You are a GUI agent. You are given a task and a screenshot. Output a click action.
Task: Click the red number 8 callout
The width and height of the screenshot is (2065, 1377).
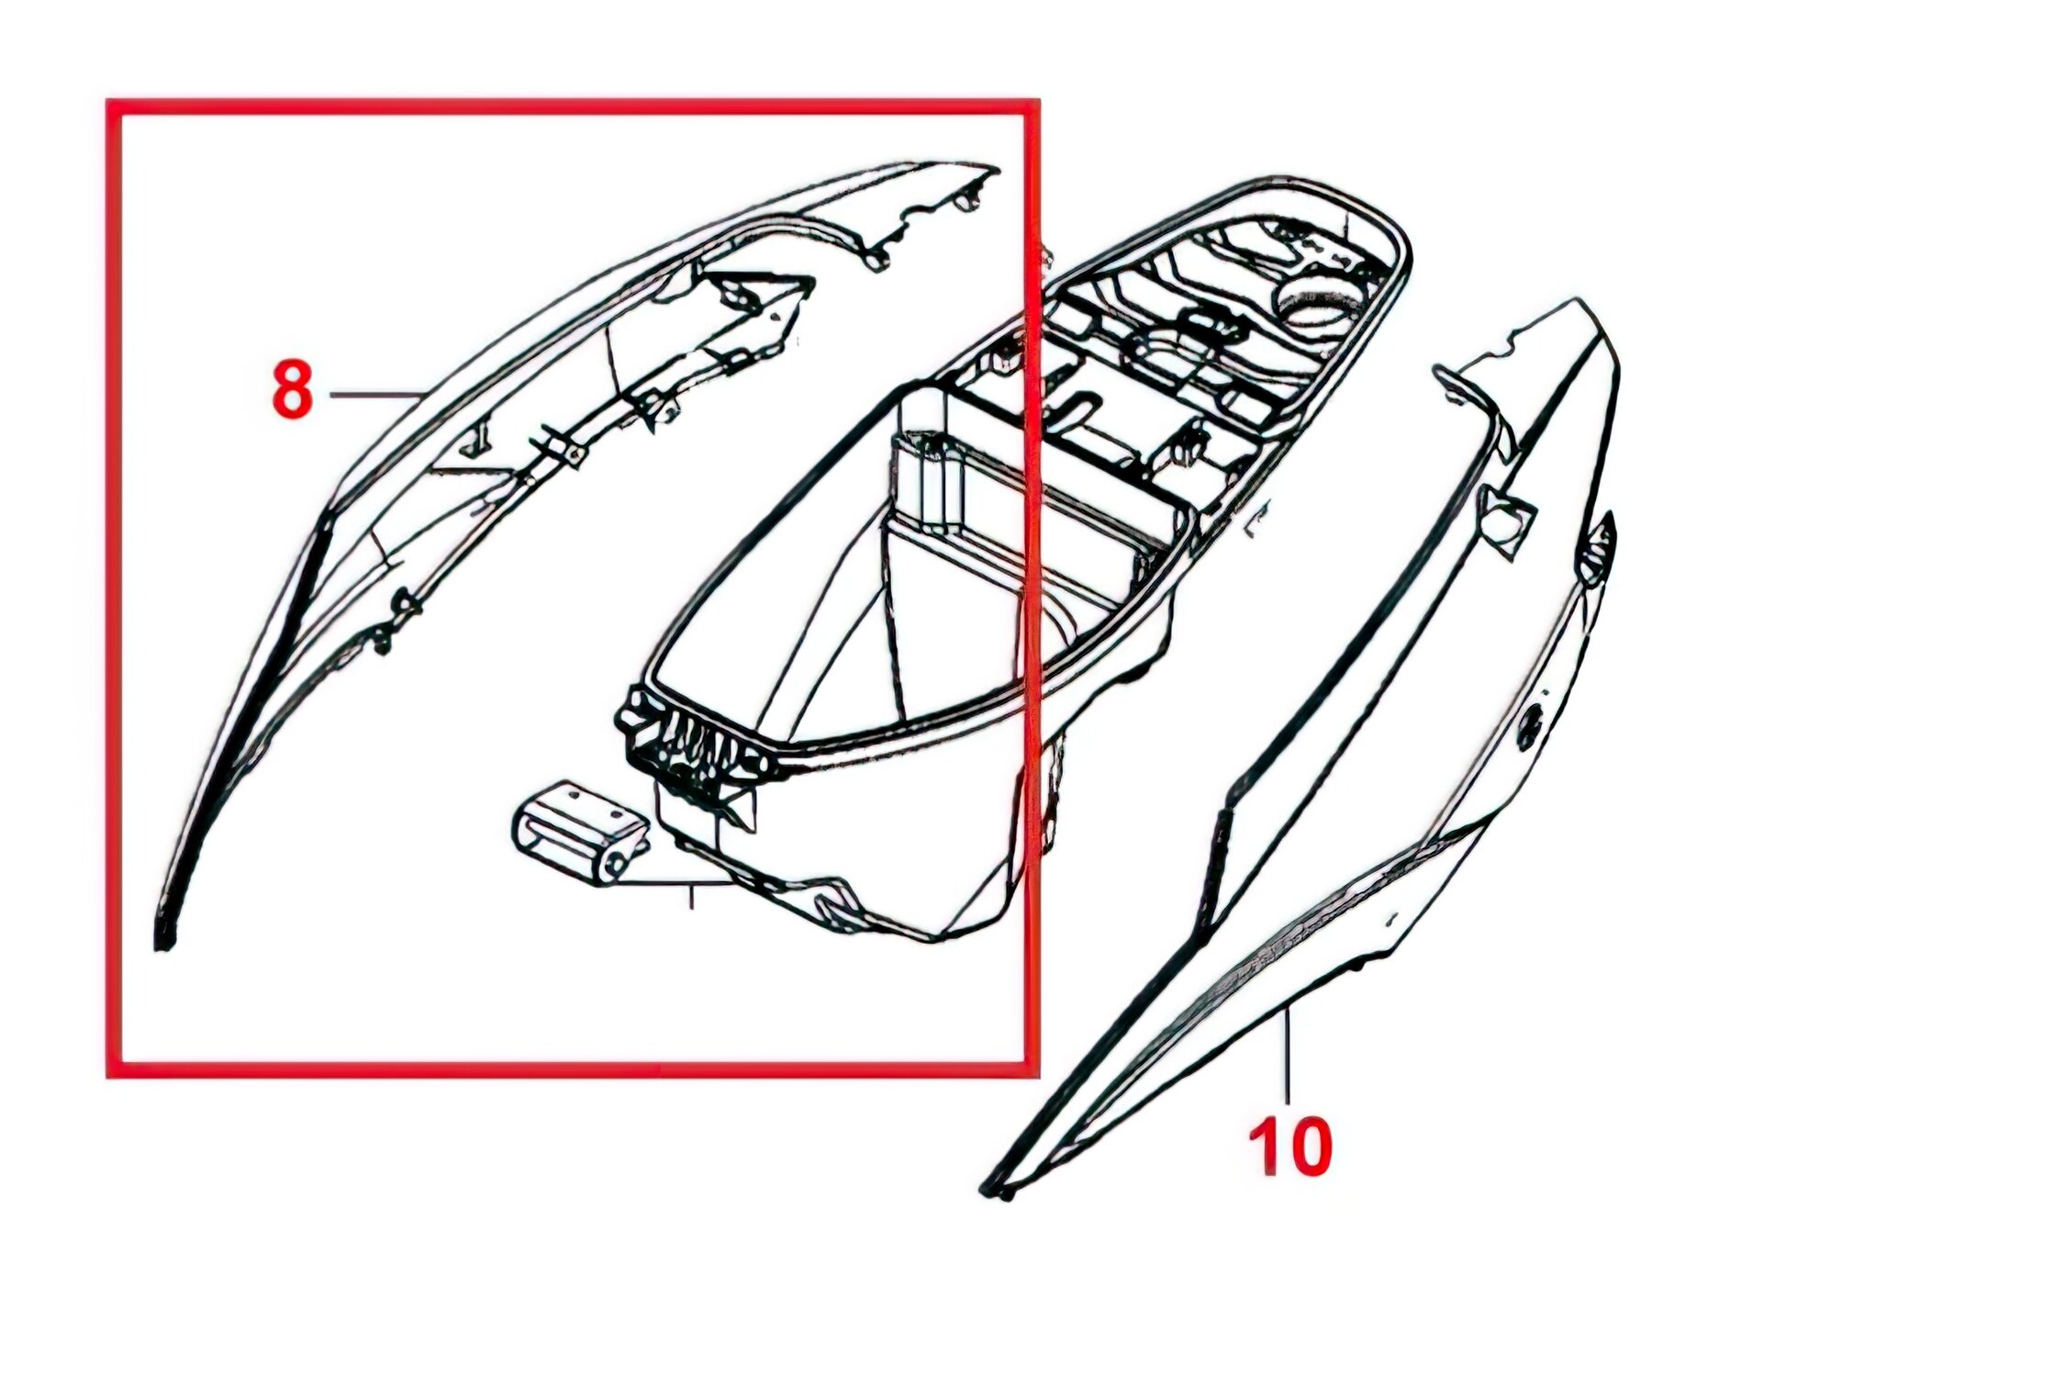(x=293, y=389)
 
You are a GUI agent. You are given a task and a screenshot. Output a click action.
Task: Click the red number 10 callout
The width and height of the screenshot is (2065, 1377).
(x=1289, y=1147)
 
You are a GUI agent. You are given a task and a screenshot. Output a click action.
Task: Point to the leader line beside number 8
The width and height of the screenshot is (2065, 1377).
(x=375, y=395)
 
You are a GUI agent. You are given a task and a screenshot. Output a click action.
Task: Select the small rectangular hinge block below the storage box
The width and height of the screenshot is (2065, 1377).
(x=581, y=834)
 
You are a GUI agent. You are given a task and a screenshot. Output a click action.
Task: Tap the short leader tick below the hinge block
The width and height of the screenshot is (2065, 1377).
(x=691, y=896)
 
